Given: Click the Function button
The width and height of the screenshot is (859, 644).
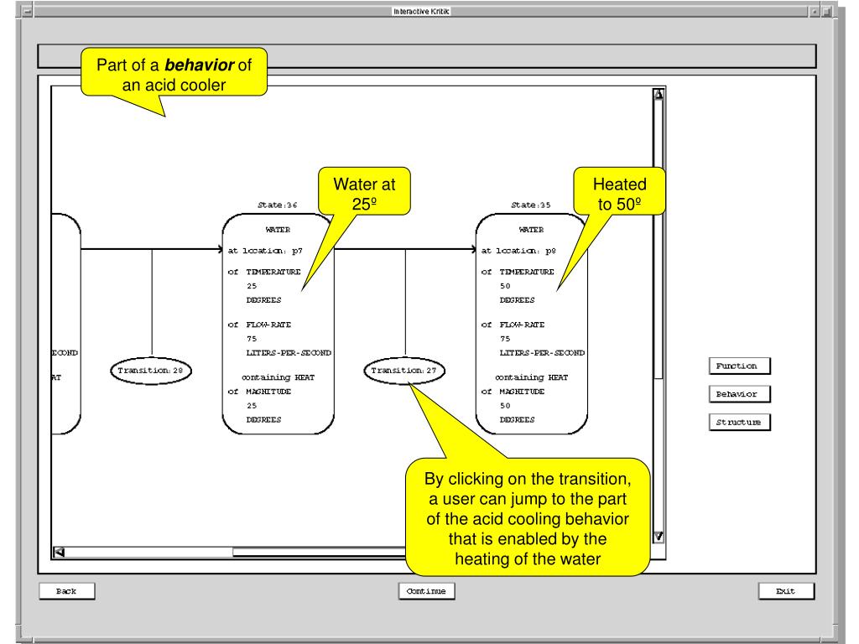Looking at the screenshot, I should click(x=737, y=366).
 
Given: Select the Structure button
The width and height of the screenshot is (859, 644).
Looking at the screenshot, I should click(x=738, y=422).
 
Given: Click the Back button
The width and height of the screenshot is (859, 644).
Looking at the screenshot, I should click(x=66, y=591).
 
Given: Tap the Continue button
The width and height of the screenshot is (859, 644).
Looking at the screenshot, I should click(x=427, y=591).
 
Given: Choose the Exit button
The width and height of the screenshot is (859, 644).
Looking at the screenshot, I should click(x=786, y=591).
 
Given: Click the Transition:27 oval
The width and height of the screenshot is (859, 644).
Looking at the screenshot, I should click(x=406, y=370).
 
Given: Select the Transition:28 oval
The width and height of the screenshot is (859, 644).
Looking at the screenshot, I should click(x=151, y=370).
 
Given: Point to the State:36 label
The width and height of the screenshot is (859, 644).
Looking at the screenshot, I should click(x=277, y=204).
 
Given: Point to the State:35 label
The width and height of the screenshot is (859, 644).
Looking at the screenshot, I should click(x=530, y=204).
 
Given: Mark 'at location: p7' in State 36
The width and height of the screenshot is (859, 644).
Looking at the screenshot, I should click(x=263, y=249).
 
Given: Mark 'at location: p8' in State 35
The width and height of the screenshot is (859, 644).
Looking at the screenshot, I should click(x=518, y=249).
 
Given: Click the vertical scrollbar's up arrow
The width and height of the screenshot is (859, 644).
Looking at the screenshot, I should click(x=659, y=95).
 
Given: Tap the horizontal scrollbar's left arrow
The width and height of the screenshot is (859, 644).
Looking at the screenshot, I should click(x=59, y=551).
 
